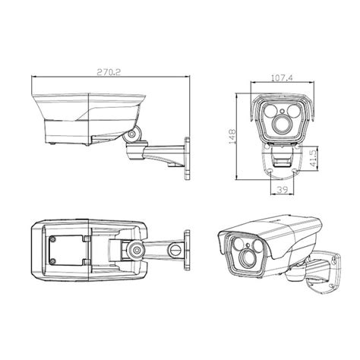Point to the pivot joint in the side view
pyautogui.click(x=134, y=134)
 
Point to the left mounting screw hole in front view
pyautogui.click(x=268, y=174)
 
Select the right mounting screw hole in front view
pyautogui.click(x=296, y=174)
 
